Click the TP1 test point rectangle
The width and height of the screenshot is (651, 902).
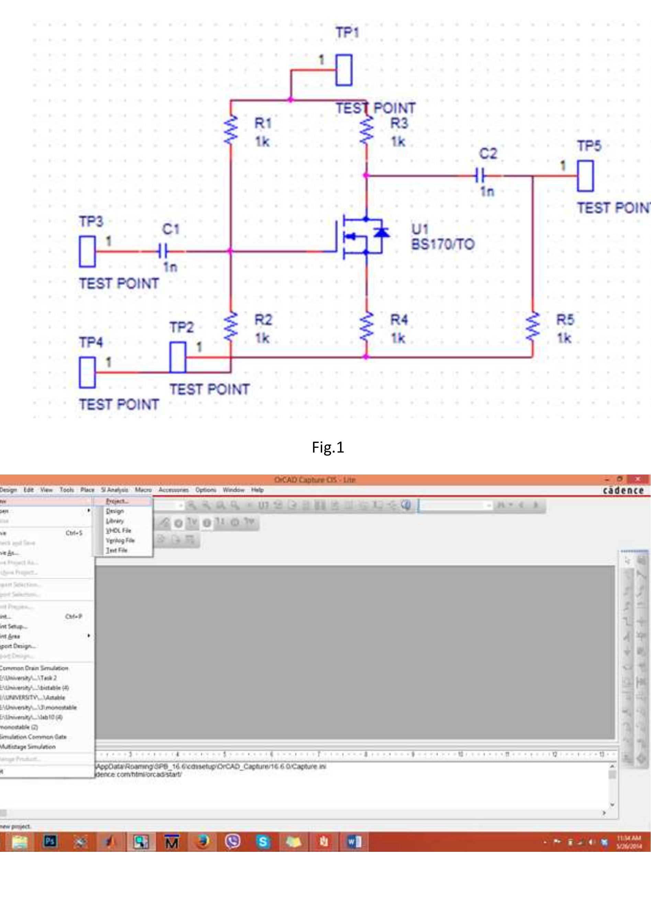pos(344,70)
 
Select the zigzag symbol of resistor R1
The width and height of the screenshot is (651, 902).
pos(230,130)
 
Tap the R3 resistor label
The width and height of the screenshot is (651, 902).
pos(399,123)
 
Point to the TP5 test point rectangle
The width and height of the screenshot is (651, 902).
pos(585,176)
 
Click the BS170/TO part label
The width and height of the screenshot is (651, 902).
pos(442,244)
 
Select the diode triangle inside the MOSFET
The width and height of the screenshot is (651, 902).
pos(382,232)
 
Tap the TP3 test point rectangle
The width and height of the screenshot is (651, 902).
pos(87,251)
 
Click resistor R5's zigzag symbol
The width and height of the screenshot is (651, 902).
pos(532,327)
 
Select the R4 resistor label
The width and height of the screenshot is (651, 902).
pos(399,320)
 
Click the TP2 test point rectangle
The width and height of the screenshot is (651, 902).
pos(178,357)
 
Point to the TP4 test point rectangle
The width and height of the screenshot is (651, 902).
pos(87,372)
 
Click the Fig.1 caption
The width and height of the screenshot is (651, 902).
pos(328,447)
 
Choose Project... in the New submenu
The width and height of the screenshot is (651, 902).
pos(117,501)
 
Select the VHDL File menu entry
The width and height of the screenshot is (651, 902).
pos(118,531)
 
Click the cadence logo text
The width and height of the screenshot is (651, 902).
pos(623,490)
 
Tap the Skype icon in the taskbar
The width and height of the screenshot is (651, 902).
pos(263,842)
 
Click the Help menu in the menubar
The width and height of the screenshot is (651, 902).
pos(257,490)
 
